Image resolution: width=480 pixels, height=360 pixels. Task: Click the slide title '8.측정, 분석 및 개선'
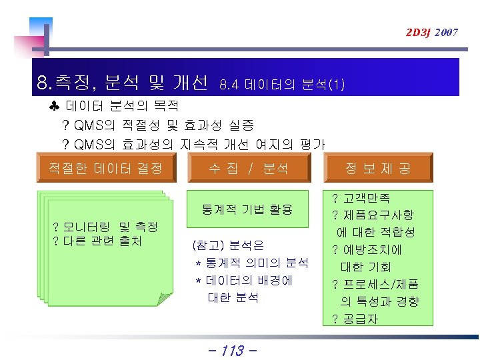[123, 83]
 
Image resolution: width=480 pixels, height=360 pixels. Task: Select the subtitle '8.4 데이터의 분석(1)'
[282, 85]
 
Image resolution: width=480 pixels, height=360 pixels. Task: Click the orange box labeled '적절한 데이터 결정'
[101, 168]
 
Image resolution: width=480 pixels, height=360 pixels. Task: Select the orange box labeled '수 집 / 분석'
[248, 169]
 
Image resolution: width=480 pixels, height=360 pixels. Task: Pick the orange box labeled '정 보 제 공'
[378, 169]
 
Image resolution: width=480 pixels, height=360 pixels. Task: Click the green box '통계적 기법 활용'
[248, 209]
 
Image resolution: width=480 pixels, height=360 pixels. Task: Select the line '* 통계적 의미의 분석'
[252, 263]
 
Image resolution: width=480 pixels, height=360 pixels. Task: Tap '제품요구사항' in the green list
[379, 215]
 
